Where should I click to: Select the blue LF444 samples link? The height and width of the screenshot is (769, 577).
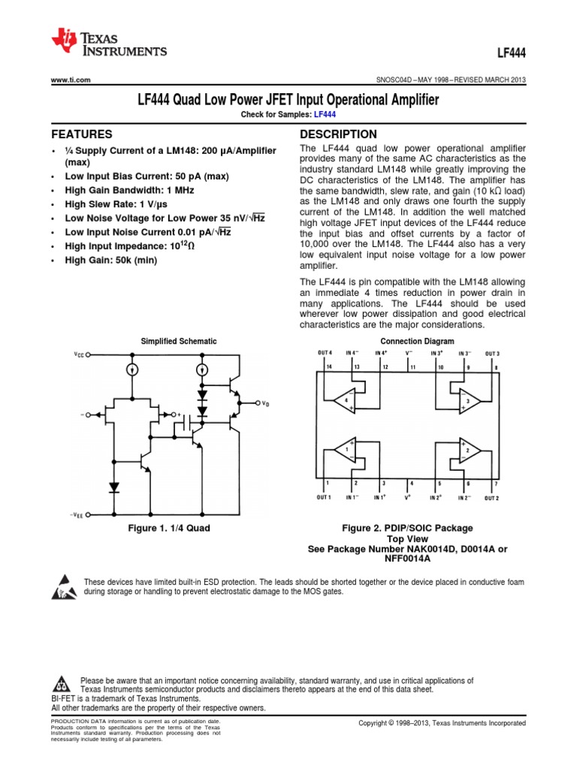pos(325,113)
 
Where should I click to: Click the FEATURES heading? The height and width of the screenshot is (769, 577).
pos(81,134)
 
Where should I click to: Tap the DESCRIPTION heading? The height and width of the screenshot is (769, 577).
pos(338,134)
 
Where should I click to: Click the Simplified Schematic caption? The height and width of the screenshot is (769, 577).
pos(179,341)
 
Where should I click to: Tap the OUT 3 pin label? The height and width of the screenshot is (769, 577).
pos(492,353)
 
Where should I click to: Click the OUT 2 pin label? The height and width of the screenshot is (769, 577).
pos(492,498)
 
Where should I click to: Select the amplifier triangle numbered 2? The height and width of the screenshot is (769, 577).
pos(469,451)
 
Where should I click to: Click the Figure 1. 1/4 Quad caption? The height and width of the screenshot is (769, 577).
pos(169,528)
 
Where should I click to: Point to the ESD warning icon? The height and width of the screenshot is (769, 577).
pos(63,587)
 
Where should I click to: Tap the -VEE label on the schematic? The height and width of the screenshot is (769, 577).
pos(77,515)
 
